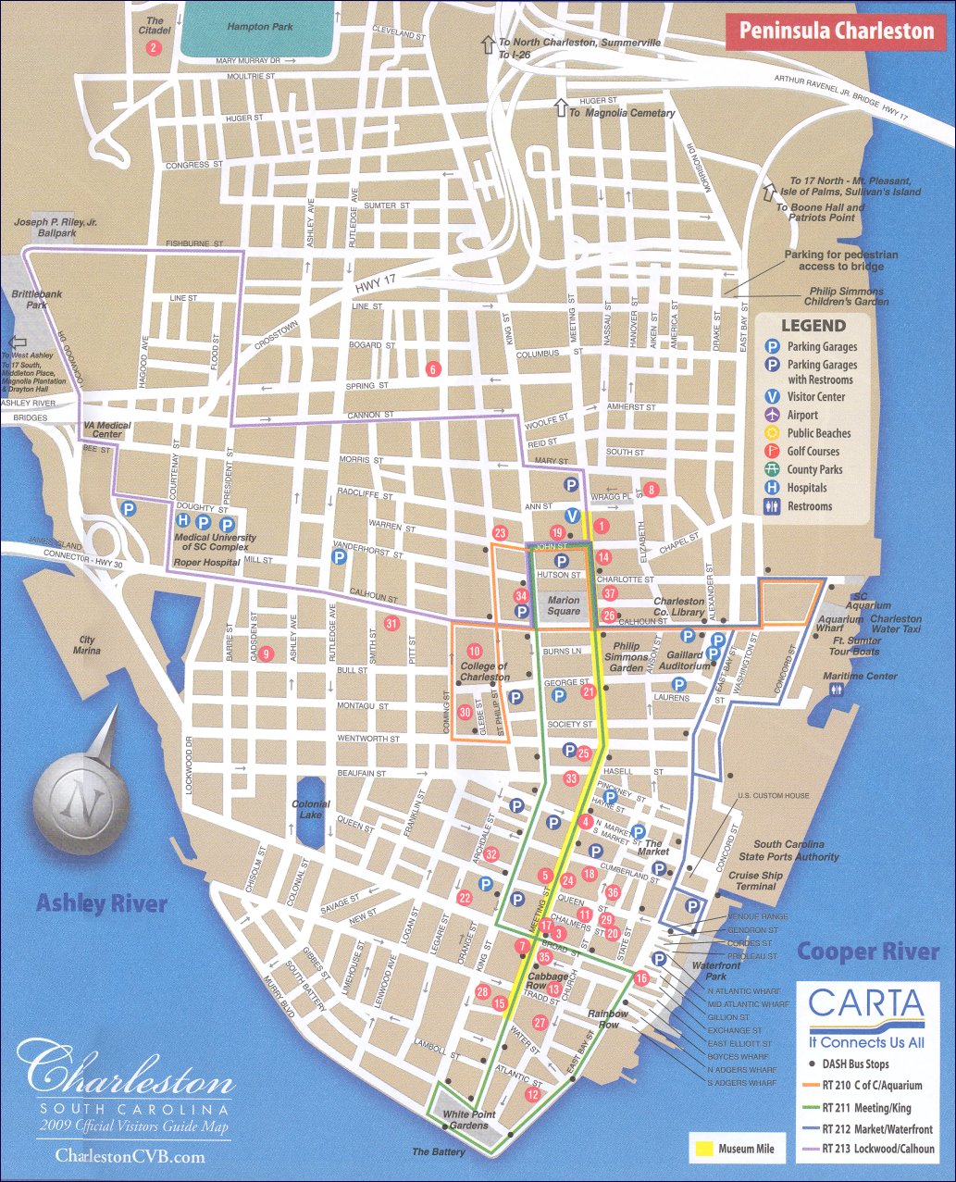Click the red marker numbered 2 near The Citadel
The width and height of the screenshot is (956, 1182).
tap(154, 47)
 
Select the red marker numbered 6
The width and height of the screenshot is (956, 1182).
tap(432, 368)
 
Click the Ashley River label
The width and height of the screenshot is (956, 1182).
tap(101, 902)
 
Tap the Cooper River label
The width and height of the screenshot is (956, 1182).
tap(867, 951)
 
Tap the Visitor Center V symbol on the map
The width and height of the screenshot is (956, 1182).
tap(572, 516)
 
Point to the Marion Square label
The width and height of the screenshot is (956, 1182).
tap(564, 605)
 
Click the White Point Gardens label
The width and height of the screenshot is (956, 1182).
tap(469, 1119)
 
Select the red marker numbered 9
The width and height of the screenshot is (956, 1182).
tap(267, 653)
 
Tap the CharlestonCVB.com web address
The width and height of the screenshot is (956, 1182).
tap(130, 1156)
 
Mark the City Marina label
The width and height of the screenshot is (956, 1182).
tap(87, 645)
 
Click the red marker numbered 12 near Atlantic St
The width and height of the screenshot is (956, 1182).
tap(532, 1094)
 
